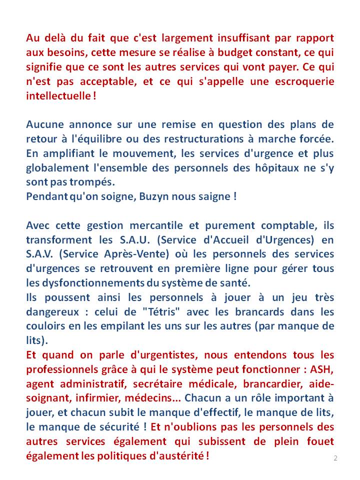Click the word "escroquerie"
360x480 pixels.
[x=304, y=81]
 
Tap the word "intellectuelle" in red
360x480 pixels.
[x=56, y=95]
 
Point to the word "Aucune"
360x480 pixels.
[x=44, y=124]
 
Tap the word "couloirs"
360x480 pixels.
[x=45, y=327]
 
